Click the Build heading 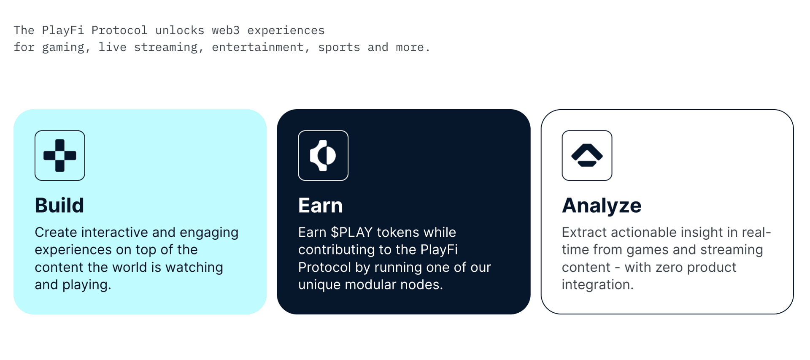tap(59, 206)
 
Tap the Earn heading tap(320, 206)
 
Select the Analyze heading tap(601, 206)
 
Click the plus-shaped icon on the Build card tap(60, 155)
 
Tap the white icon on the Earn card tap(323, 155)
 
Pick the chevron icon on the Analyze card tap(587, 155)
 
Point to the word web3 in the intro tap(226, 30)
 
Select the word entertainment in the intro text tap(257, 47)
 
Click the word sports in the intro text tap(339, 47)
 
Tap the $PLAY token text tap(352, 232)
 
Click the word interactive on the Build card tap(114, 232)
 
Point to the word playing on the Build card tap(86, 285)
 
